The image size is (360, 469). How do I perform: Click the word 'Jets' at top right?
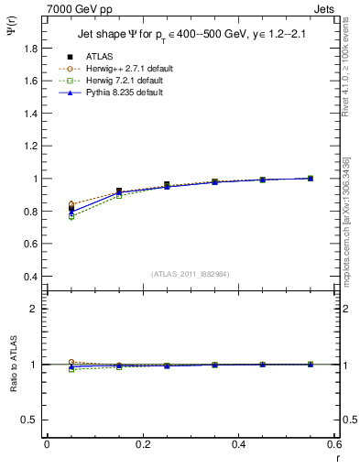[325, 9]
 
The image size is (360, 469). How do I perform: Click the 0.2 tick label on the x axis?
[142, 444]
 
